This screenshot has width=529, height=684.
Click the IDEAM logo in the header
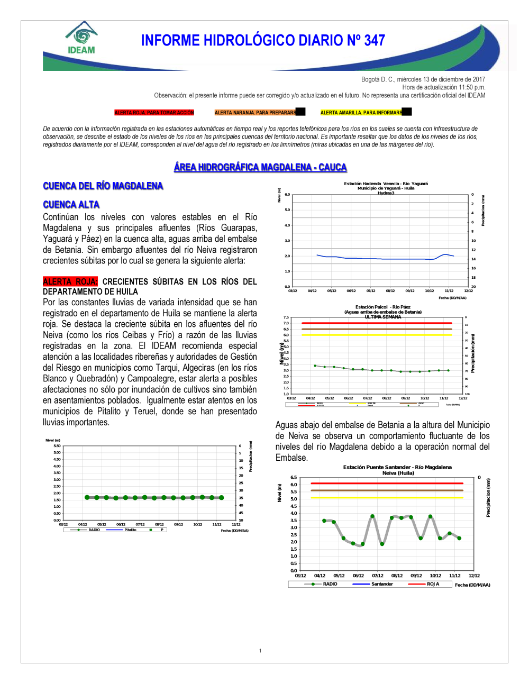(81, 38)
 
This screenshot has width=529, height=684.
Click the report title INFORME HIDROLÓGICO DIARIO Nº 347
(263, 41)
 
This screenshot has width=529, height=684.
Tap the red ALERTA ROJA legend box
(154, 113)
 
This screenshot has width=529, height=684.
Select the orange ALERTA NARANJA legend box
(256, 113)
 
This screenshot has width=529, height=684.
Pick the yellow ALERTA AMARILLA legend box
(362, 113)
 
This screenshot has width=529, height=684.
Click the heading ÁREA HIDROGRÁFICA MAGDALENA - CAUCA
(260, 167)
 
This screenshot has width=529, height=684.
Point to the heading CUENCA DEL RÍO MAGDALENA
(103, 186)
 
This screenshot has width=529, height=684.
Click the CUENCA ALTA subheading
(71, 205)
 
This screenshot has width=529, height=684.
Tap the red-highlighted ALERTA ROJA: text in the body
(70, 282)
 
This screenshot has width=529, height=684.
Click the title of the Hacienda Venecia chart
(386, 186)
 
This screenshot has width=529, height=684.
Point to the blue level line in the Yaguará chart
(381, 259)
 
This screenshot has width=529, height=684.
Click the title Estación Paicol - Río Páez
(382, 307)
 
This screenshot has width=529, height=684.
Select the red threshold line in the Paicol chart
(377, 323)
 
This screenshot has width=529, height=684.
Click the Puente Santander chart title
(397, 468)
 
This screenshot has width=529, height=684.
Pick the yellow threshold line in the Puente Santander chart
(387, 498)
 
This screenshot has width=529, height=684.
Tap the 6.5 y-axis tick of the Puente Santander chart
(294, 478)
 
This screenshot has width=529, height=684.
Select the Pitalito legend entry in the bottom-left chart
(130, 530)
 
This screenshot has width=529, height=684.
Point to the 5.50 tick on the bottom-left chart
(57, 446)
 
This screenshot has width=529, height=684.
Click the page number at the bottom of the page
(260, 651)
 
